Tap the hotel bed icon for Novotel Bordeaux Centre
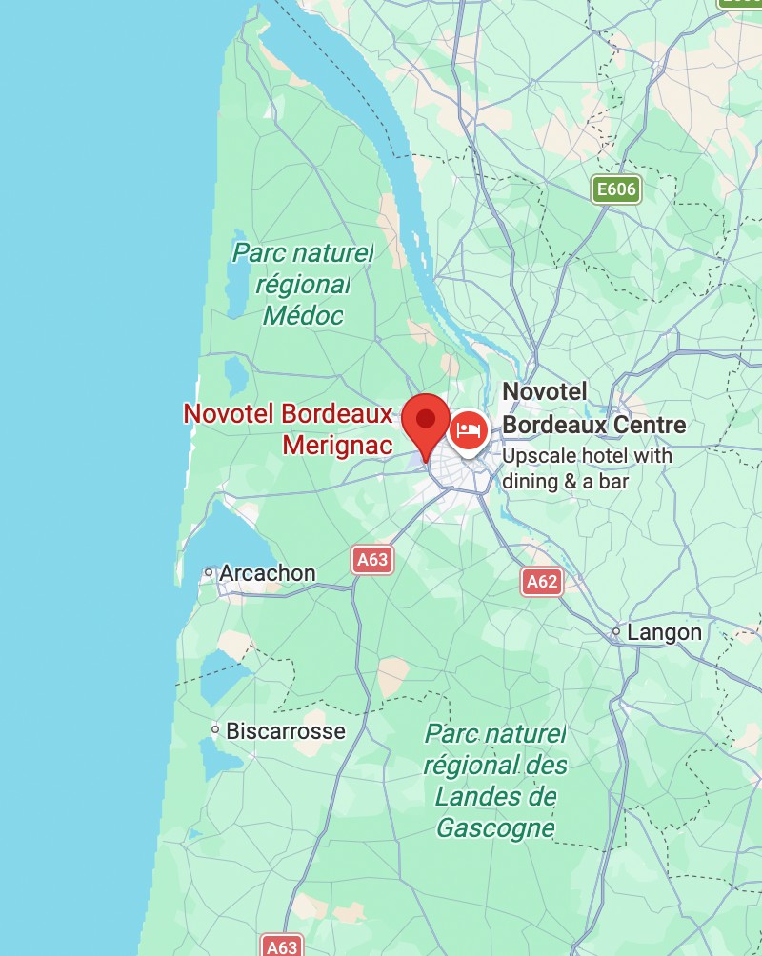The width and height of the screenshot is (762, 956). click(468, 430)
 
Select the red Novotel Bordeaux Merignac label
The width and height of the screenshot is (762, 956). click(288, 428)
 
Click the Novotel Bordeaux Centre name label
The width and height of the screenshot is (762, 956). click(593, 408)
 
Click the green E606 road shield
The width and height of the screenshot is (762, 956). click(615, 189)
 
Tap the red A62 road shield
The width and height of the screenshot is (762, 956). click(541, 581)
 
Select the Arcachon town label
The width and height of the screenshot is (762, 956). click(267, 573)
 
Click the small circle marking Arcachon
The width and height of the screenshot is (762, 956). click(209, 572)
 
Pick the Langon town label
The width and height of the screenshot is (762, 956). click(664, 632)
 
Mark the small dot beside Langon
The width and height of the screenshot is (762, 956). click(616, 631)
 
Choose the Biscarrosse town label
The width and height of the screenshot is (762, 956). click(286, 731)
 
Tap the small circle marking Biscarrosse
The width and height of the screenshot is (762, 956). click(215, 730)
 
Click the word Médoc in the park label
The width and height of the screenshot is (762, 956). click(304, 315)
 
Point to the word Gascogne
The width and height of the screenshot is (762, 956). click(495, 827)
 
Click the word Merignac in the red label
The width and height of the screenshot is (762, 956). click(338, 445)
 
